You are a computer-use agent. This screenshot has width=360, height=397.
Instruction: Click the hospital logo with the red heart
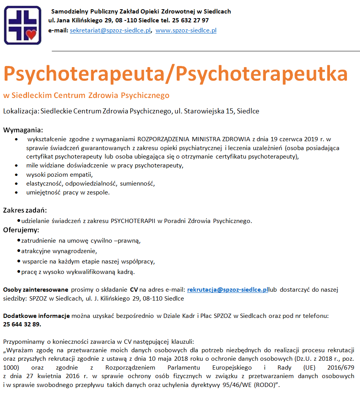click(x=22, y=25)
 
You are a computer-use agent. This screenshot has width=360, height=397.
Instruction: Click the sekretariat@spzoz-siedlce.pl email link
click(x=110, y=30)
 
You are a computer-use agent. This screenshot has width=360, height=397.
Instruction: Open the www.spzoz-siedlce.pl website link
click(x=186, y=30)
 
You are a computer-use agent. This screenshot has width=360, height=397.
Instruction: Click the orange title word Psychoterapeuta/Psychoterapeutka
click(x=175, y=73)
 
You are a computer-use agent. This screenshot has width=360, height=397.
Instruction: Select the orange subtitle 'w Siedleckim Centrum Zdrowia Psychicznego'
click(x=86, y=95)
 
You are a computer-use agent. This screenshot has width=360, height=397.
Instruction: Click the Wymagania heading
click(x=23, y=130)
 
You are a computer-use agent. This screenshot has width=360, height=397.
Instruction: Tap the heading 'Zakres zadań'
click(x=25, y=211)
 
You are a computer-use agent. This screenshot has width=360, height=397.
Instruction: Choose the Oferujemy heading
click(x=21, y=230)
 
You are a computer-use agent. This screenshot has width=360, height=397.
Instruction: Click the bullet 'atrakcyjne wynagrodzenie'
click(x=53, y=251)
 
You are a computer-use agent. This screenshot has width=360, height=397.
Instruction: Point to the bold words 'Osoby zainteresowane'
click(x=35, y=289)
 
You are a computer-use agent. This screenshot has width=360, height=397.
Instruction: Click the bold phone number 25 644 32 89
click(x=22, y=324)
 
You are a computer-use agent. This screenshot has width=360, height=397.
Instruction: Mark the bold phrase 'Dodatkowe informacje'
click(x=36, y=316)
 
